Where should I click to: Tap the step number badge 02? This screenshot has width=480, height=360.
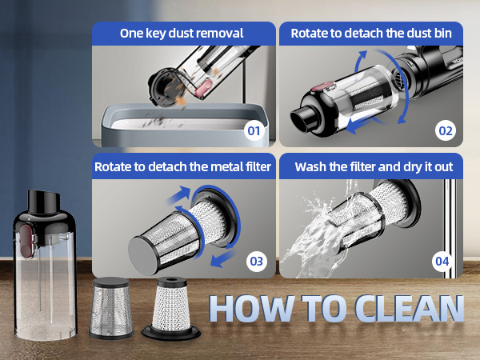445,129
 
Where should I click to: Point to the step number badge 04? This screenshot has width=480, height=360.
445,260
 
